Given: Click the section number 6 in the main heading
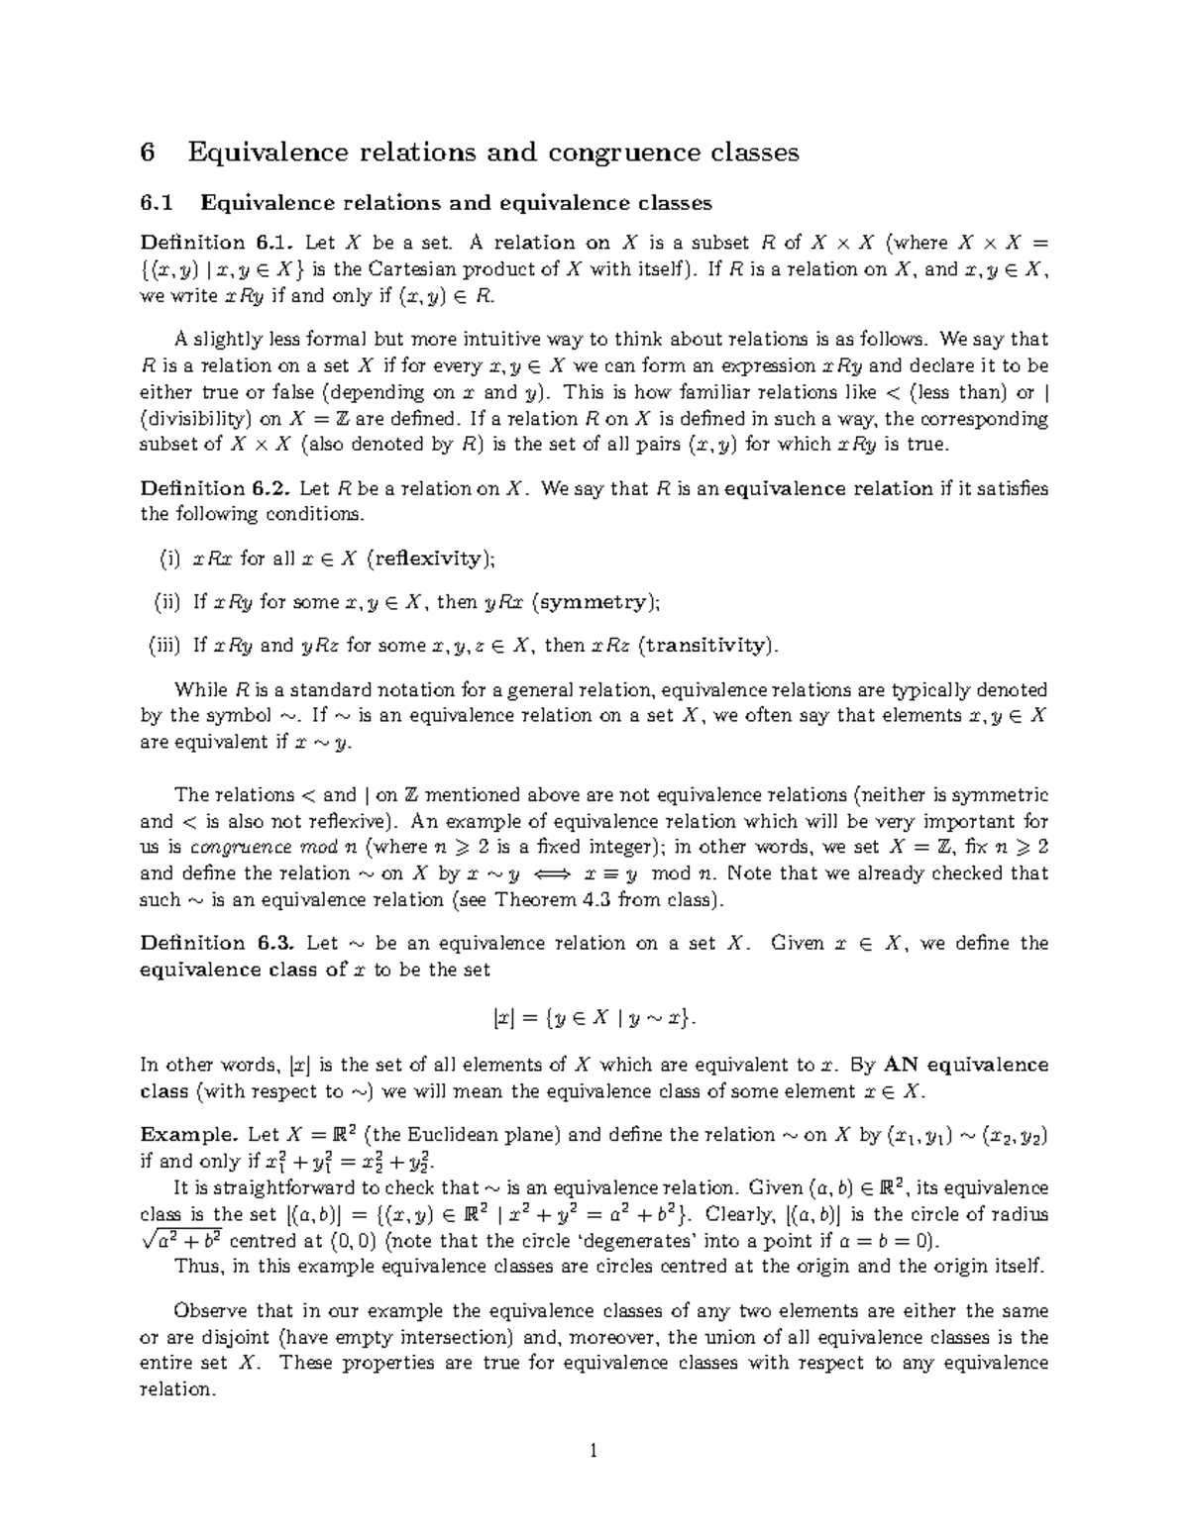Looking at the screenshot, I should click(149, 153).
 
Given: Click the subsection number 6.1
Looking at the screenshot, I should click(157, 203).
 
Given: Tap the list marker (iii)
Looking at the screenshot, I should click(164, 646).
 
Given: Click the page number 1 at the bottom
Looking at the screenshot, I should click(594, 1452).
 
